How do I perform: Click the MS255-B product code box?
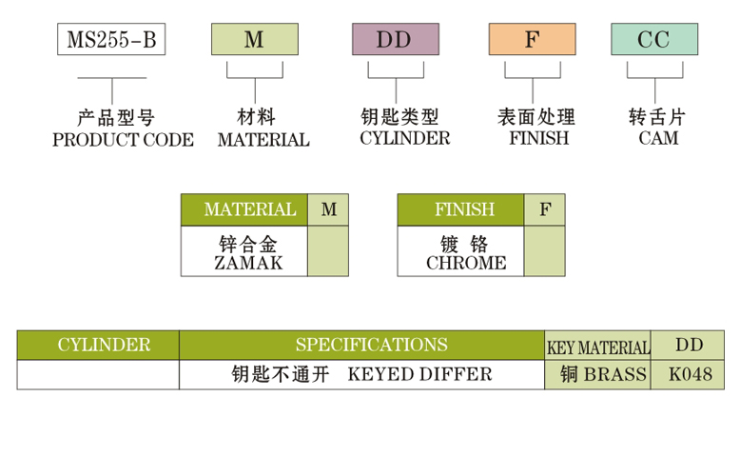tap(112, 40)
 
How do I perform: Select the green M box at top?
tap(254, 40)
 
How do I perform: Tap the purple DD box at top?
tap(395, 40)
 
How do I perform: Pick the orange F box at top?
tap(532, 40)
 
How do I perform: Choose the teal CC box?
tap(653, 40)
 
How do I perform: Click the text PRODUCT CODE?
tap(123, 140)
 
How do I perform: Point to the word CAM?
tap(658, 138)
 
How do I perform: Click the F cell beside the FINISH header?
tap(544, 209)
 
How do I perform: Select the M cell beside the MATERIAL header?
tap(328, 209)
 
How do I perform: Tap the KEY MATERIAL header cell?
tap(598, 347)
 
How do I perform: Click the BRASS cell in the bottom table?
tap(598, 374)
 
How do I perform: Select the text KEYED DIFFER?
tap(420, 374)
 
